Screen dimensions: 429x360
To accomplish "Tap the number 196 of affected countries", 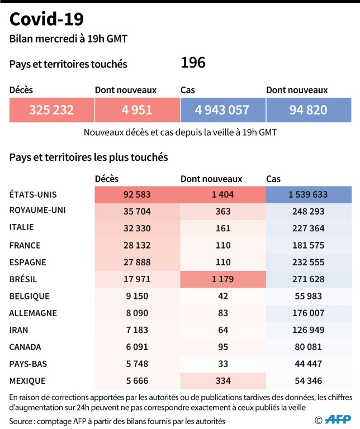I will point(193,63).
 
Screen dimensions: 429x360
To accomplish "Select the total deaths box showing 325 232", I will point(51,110).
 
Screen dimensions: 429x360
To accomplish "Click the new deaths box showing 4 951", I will point(137,110).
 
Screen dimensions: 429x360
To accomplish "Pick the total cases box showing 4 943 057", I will point(222,110).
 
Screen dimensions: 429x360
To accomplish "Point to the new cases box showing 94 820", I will point(308,110).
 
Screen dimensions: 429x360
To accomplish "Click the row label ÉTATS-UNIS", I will point(34,194).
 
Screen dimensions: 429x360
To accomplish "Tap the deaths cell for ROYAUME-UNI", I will point(137,211).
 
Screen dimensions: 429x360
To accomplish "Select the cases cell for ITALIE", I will point(308,228).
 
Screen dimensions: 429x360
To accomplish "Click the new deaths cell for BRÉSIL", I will point(222,279).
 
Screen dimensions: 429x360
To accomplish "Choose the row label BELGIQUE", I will point(30,296).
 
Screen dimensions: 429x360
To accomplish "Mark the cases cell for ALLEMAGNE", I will point(308,313).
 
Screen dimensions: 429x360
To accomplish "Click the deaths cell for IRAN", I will point(137,330).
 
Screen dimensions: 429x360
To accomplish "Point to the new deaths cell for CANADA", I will point(222,347).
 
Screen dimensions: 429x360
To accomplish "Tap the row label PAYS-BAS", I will point(28,364).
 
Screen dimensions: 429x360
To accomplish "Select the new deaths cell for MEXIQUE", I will point(222,381).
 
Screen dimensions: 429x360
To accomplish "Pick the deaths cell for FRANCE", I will point(137,245).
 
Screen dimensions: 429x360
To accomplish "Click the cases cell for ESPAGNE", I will point(308,262).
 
